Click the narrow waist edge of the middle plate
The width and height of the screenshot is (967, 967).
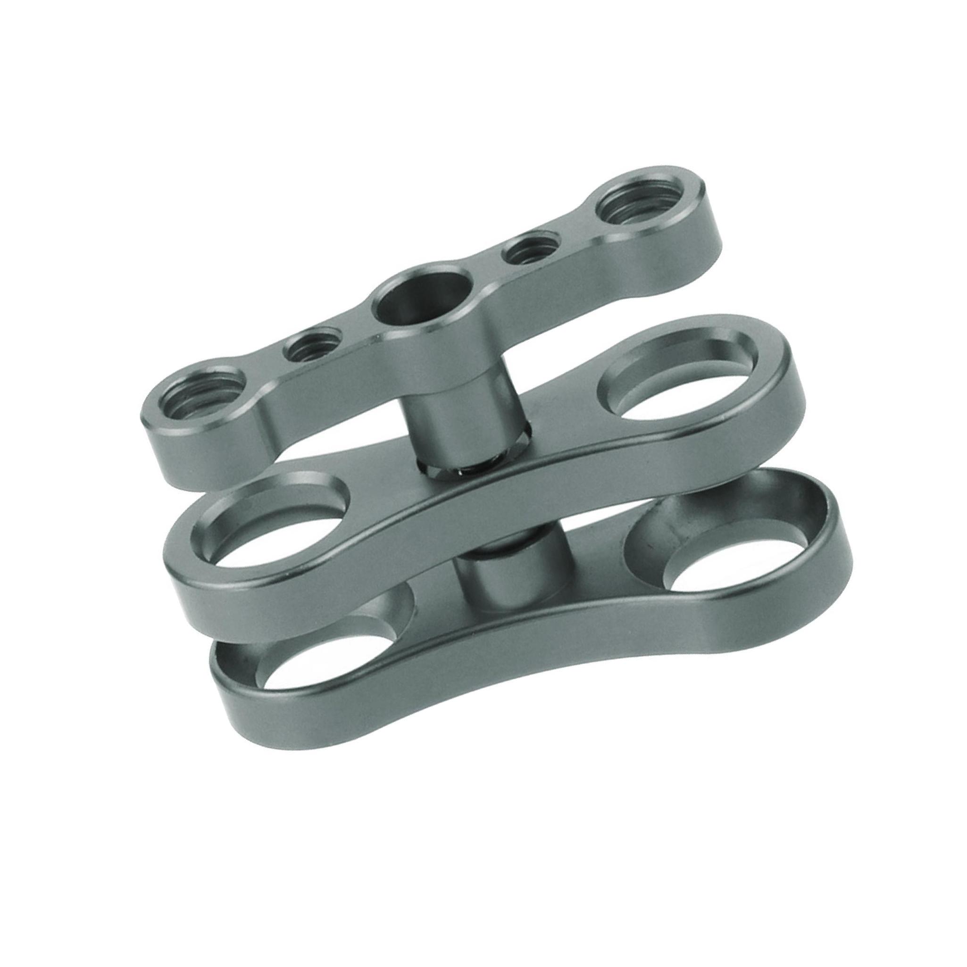pos(500,506)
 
